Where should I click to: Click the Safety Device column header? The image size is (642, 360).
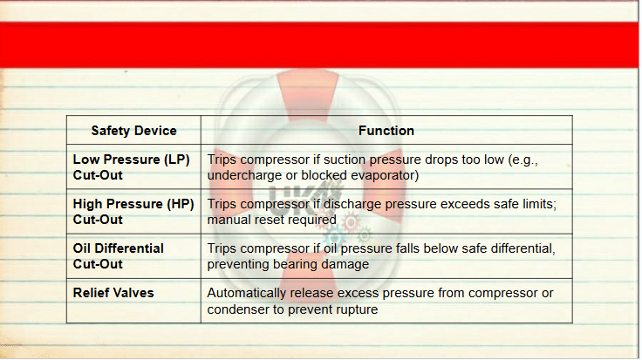pos(133,131)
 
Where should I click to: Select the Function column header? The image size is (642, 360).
pos(386,131)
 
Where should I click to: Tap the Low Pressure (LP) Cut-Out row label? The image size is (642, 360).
pos(131,166)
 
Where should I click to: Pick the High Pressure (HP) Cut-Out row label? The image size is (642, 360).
pos(133,212)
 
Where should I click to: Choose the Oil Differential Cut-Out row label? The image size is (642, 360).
pos(119,256)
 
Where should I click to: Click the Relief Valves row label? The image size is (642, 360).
pos(113,293)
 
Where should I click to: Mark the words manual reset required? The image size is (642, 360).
pos(272,220)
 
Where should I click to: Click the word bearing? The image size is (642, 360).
pos(295,264)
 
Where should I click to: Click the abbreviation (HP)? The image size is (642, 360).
pos(181,204)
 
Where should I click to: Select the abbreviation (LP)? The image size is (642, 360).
pos(177,160)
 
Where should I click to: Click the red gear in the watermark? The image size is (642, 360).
pos(351,222)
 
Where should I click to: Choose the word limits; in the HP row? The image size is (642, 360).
pos(538,204)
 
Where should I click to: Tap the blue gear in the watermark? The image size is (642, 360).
pos(336,236)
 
